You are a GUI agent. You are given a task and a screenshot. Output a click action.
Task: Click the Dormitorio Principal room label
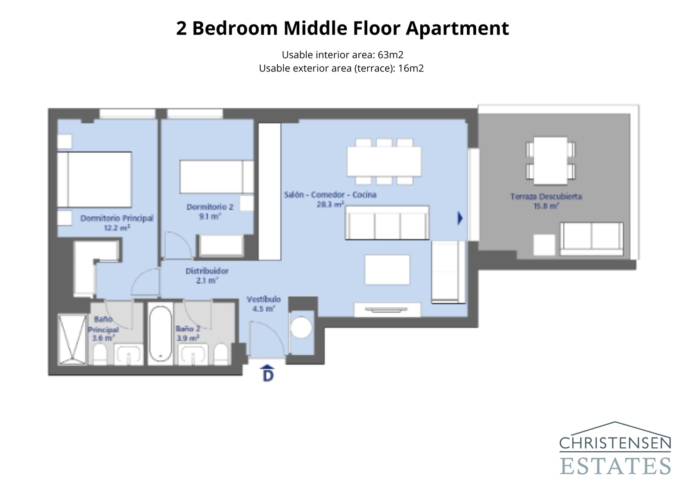click(x=117, y=218)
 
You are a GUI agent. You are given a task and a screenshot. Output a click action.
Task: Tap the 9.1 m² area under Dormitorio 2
click(x=210, y=217)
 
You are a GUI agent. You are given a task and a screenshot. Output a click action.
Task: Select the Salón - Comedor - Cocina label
click(x=330, y=195)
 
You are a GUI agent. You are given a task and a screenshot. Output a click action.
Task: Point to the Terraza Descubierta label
click(x=546, y=196)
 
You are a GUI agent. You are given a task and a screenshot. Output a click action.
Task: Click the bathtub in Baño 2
click(x=161, y=334)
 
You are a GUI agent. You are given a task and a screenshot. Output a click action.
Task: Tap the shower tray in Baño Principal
click(x=72, y=340)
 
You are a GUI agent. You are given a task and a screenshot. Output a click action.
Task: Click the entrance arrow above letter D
click(x=268, y=367)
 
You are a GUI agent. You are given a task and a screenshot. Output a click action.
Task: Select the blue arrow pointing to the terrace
click(x=460, y=218)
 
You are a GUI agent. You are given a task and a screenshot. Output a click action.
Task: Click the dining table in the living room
click(x=384, y=161)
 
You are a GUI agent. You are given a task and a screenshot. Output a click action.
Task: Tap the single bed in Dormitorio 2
click(x=216, y=177)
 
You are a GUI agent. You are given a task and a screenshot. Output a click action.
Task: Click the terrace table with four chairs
click(x=550, y=160)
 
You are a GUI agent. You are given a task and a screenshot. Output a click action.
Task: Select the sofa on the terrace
click(x=591, y=239)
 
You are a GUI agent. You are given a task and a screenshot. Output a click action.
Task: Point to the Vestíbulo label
click(x=264, y=299)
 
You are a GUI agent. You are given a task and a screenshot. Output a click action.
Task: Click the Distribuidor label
click(x=207, y=271)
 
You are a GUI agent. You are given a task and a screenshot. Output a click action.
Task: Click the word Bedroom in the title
click(x=235, y=28)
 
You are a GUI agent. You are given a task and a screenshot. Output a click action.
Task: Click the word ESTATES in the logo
click(x=615, y=466)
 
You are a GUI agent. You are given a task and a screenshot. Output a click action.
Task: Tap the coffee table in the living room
click(x=387, y=270)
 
